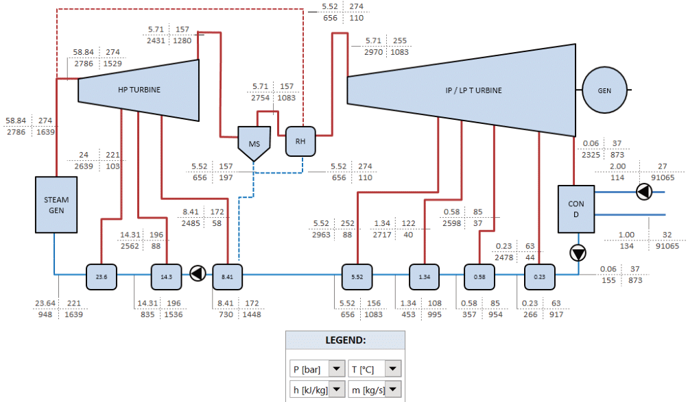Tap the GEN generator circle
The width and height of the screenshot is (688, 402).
tap(604, 90)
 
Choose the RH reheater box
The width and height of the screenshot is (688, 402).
tap(300, 141)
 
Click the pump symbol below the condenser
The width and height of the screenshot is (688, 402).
tap(578, 253)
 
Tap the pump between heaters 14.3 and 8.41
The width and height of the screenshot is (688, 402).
tap(198, 274)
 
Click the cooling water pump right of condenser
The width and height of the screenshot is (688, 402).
tap(643, 192)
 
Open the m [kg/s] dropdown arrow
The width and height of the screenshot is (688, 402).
tap(392, 389)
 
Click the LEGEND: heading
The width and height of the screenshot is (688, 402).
tap(345, 340)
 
